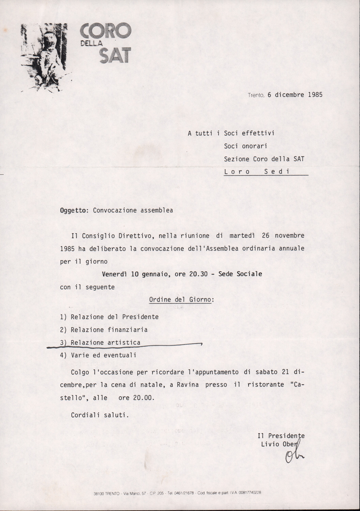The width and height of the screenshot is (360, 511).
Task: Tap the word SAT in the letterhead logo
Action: (114, 55)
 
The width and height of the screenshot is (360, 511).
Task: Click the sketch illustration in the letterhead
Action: (44, 56)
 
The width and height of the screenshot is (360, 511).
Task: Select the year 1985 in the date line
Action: (315, 95)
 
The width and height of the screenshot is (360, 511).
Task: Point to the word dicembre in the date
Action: (289, 95)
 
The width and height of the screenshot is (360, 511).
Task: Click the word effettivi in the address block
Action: (258, 133)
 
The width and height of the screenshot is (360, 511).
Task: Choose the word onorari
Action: (245, 146)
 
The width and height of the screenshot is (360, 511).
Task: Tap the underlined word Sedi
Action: (277, 172)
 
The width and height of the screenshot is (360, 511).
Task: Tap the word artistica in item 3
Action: (124, 342)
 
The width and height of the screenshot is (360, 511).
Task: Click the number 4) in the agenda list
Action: (63, 355)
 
